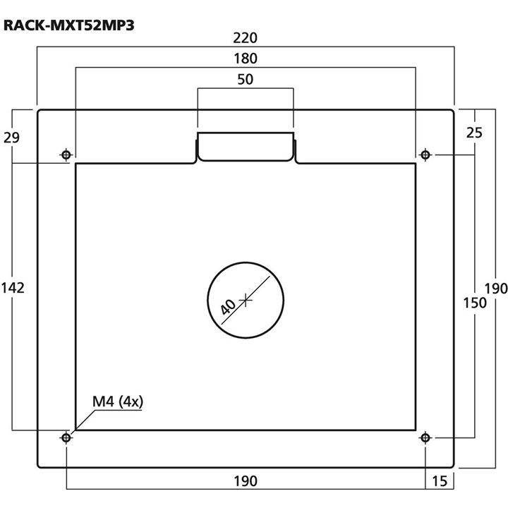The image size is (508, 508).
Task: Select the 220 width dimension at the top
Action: [x=245, y=37]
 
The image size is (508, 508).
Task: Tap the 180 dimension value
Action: [x=245, y=59]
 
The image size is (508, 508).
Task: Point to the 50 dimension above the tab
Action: [x=245, y=80]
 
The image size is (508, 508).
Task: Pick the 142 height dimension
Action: [x=13, y=287]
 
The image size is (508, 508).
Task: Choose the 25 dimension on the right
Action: [x=475, y=132]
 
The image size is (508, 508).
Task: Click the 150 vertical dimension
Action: [x=475, y=303]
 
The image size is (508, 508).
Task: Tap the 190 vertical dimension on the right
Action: [x=496, y=287]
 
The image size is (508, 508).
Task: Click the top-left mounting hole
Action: [x=66, y=155]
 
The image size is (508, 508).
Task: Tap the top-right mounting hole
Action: [x=425, y=155]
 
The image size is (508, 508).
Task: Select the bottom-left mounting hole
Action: [x=66, y=438]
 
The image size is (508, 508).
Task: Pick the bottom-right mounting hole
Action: [x=425, y=438]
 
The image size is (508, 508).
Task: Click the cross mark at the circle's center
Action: [x=246, y=300]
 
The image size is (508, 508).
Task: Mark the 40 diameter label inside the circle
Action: [x=228, y=306]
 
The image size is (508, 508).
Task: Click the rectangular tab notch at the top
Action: [x=245, y=146]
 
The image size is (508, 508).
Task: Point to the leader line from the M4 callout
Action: [x=83, y=421]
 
